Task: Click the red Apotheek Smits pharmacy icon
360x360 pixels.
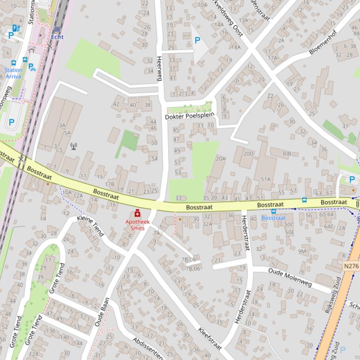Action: click(x=137, y=213)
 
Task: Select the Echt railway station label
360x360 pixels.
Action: click(x=58, y=36)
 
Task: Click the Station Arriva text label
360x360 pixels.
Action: click(x=14, y=73)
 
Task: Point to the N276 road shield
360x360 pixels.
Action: click(x=351, y=266)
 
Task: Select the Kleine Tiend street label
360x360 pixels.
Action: click(x=90, y=226)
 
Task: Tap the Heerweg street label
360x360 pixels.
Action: click(x=159, y=69)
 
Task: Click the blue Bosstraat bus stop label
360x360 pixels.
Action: click(x=273, y=218)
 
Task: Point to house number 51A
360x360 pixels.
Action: click(x=265, y=179)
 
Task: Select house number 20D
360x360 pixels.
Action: click(x=248, y=153)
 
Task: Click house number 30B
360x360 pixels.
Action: click(x=286, y=153)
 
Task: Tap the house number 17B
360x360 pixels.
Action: click(x=110, y=184)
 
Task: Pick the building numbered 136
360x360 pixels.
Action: click(x=50, y=331)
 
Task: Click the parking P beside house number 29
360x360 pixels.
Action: click(x=197, y=41)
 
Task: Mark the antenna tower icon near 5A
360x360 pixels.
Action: click(x=73, y=145)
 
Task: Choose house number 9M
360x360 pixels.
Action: click(x=302, y=252)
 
